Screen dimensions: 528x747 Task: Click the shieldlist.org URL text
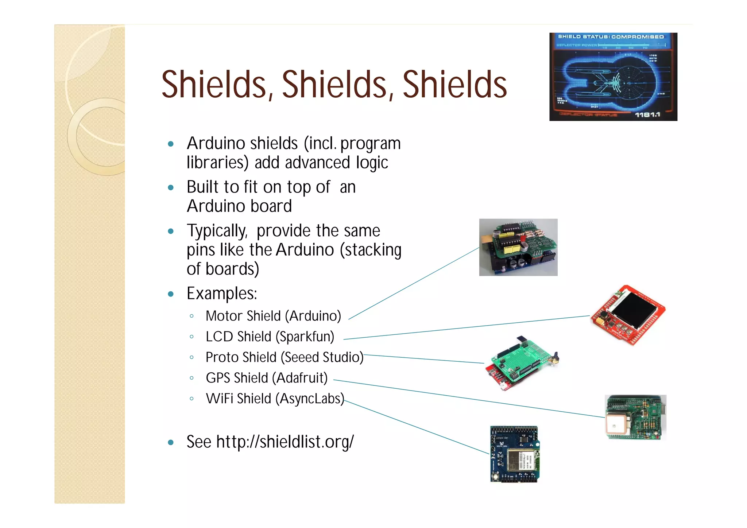coord(285,442)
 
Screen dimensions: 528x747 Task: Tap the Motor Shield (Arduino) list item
coord(273,316)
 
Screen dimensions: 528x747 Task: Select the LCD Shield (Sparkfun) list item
coord(270,337)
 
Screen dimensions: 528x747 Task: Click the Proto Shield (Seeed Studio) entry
coord(284,357)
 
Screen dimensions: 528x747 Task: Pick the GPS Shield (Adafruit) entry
coord(266,378)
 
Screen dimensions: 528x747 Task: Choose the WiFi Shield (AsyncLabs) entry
coord(275,399)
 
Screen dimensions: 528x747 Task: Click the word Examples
coord(222,294)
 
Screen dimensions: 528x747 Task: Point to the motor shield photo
coord(518,247)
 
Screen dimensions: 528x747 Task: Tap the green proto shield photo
coord(522,363)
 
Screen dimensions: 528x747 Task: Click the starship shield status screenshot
coord(613,77)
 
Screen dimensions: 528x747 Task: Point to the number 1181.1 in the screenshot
coord(647,115)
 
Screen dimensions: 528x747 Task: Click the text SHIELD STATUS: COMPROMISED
coord(611,37)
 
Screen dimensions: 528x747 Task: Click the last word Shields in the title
coord(454,85)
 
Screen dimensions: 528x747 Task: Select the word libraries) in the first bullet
coord(217,162)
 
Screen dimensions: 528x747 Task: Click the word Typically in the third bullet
coord(217,231)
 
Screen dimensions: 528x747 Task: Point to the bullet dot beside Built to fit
coord(171,188)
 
